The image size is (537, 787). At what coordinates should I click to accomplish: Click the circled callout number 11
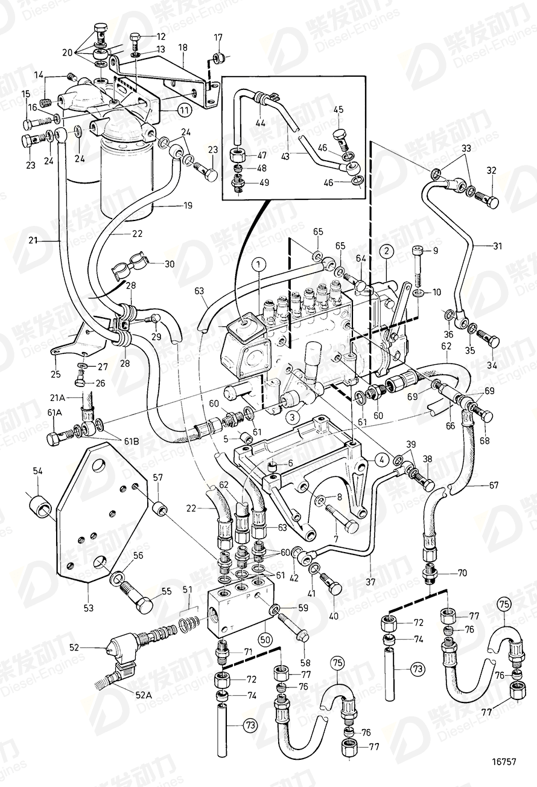pos(183,111)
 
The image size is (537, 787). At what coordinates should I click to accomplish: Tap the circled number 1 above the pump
pos(258,264)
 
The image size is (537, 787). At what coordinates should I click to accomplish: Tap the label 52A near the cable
pos(143,695)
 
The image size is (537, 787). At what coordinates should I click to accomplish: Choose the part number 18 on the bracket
pos(182,47)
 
